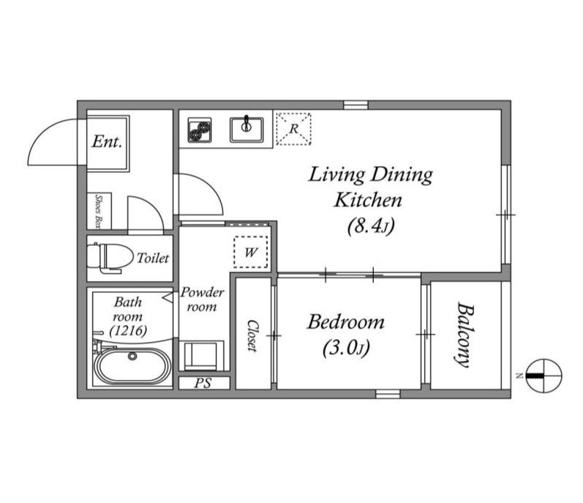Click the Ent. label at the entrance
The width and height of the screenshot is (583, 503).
107,142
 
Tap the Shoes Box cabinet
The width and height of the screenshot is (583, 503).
99,211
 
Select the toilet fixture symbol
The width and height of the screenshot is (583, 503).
110,258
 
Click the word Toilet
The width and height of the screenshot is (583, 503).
153,258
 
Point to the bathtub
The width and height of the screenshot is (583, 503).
132,365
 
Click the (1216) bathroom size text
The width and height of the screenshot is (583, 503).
128,330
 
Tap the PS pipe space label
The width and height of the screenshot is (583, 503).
203,383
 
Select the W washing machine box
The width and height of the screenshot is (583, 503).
251,252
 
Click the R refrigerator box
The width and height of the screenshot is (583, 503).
294,129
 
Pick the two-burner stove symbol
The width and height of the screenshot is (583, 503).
200,130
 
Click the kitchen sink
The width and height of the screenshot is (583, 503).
247,130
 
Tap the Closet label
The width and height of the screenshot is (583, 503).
252,335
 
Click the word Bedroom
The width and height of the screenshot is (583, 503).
346,322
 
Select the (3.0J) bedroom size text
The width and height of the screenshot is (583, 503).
346,349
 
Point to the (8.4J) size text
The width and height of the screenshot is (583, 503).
371,226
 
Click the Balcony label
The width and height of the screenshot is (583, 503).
465,335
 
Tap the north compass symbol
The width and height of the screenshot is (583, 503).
544,376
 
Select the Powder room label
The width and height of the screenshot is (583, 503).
203,299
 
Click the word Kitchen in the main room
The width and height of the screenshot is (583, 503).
368,200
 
